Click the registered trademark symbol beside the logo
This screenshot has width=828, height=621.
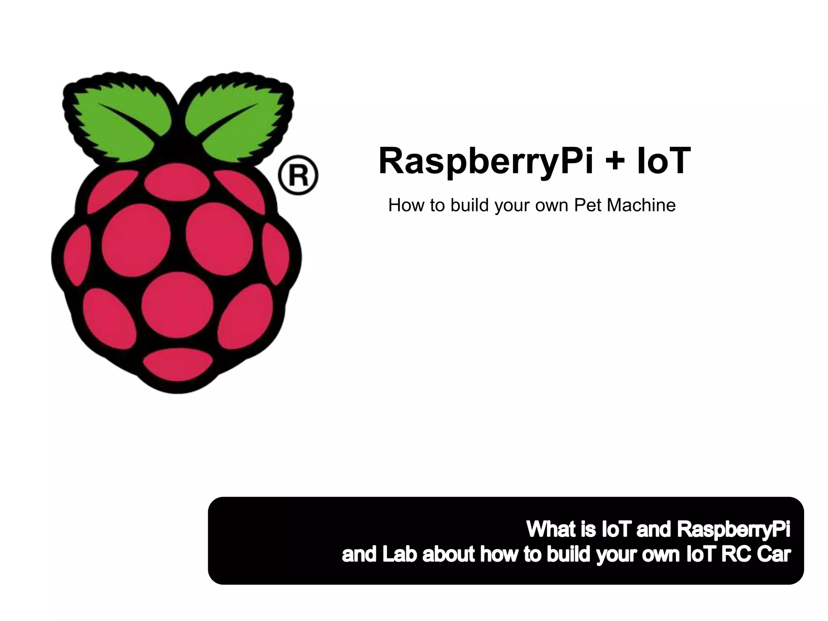tap(298, 175)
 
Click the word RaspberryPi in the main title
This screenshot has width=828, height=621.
tap(486, 161)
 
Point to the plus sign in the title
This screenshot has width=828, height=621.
tap(615, 161)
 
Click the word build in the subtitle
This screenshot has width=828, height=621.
tap(469, 205)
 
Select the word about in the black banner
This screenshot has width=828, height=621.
tap(448, 554)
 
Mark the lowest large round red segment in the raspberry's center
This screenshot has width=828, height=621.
tap(177, 305)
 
